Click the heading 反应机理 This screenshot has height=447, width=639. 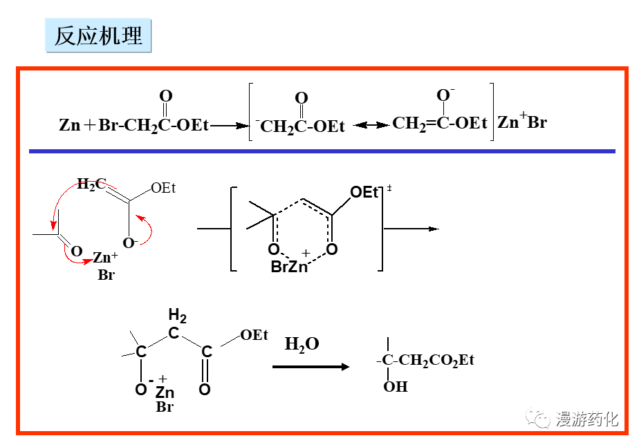coord(98,36)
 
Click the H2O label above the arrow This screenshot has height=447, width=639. coord(302,344)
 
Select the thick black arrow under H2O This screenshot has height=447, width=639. coord(311,366)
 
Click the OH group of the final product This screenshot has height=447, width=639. coord(396,386)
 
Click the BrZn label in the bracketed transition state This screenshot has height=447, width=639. coord(289,267)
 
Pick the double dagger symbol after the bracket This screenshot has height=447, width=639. coord(389,188)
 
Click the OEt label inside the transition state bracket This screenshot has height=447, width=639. coord(364,192)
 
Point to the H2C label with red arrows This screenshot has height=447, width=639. coord(91,184)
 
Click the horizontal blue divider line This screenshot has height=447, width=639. coord(322,151)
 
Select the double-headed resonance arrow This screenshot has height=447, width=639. coord(371,125)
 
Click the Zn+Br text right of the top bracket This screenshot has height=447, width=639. coord(522,123)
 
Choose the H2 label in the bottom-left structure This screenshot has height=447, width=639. coord(178,317)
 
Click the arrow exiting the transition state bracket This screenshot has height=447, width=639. coord(411,229)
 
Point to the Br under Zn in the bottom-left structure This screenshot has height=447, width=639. coord(165,407)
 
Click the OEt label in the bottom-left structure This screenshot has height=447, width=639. coord(254,335)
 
